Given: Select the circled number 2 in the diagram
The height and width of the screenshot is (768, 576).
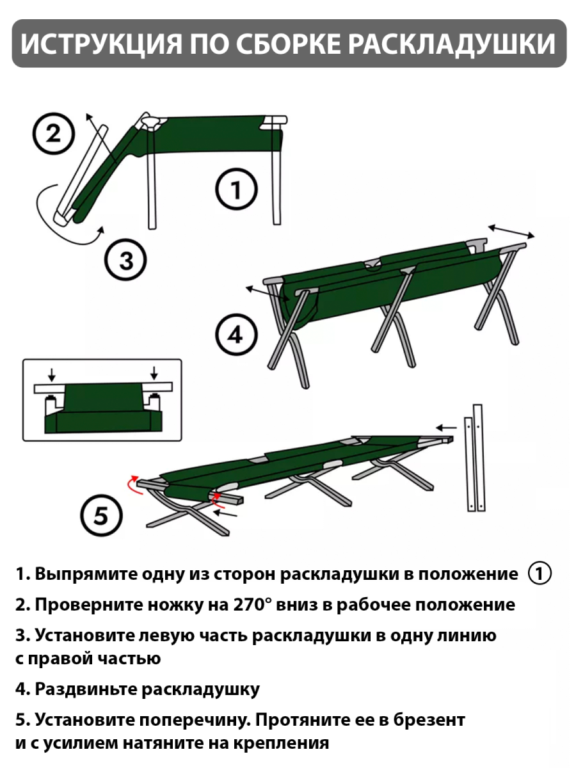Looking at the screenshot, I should click(54, 134).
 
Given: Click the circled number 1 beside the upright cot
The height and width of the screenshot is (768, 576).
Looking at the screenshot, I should click(236, 190).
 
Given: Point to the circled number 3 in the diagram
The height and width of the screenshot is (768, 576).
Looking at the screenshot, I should click(125, 260).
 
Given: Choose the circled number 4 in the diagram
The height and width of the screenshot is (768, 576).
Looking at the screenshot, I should click(236, 335).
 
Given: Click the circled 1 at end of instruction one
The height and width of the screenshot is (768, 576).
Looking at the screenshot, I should click(539, 573).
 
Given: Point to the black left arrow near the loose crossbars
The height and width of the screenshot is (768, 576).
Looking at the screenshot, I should click(446, 427).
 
